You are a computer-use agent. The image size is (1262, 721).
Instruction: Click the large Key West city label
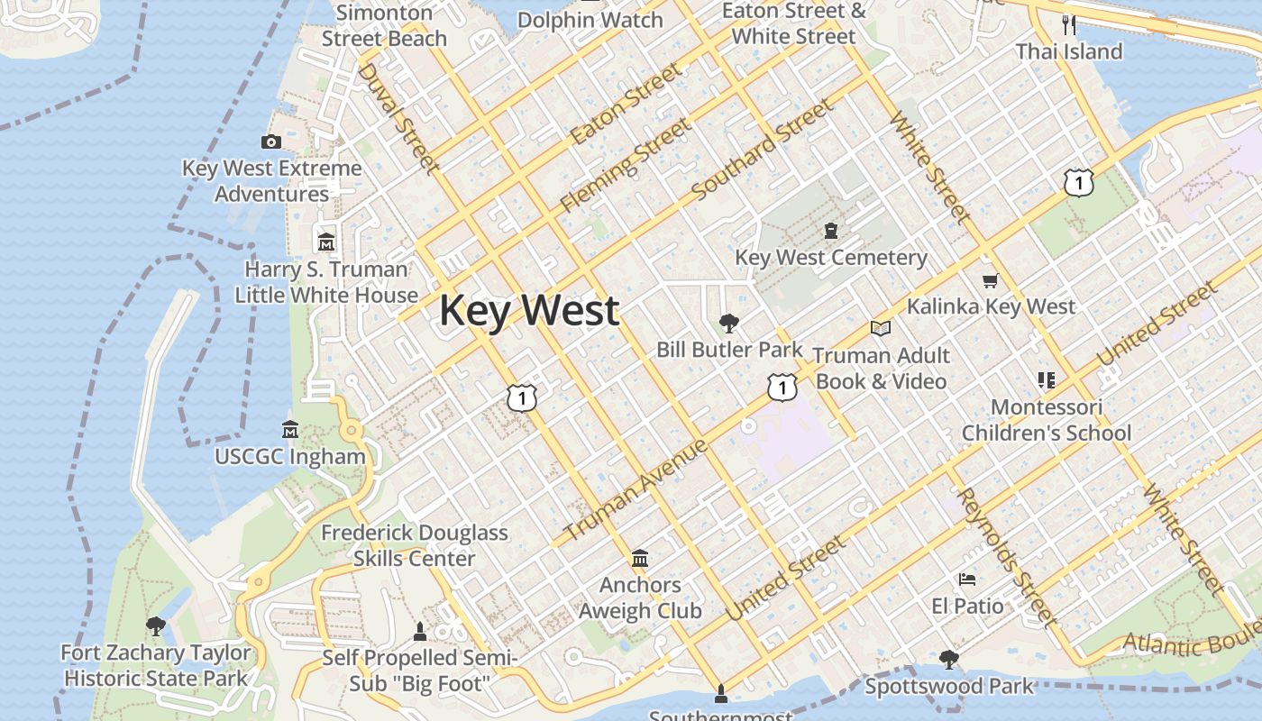[529, 311]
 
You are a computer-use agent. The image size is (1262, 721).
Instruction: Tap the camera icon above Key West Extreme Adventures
[271, 141]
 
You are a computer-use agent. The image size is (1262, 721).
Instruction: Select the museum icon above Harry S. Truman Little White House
[326, 242]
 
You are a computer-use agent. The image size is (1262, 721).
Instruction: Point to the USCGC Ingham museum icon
[290, 429]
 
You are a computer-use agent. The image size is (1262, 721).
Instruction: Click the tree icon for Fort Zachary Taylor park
[156, 625]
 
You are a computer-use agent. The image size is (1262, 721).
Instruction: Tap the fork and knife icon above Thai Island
[1069, 24]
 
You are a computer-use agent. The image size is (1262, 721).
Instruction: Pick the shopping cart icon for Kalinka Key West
[991, 281]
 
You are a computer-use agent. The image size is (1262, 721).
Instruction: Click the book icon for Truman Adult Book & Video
[881, 329]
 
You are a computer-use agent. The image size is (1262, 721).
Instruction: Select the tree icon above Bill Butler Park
[729, 324]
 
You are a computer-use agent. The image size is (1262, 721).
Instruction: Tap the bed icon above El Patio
[967, 580]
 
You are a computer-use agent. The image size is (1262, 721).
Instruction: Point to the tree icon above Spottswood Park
[949, 660]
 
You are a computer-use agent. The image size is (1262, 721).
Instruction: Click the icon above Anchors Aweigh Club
[640, 559]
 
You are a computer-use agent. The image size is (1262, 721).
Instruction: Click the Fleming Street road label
[626, 166]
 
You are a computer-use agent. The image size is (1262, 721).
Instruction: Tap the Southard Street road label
[763, 151]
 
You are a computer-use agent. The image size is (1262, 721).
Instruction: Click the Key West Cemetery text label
[831, 258]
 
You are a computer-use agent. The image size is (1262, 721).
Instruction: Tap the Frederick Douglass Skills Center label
[415, 545]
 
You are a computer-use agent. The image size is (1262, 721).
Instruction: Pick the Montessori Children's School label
[1047, 420]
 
